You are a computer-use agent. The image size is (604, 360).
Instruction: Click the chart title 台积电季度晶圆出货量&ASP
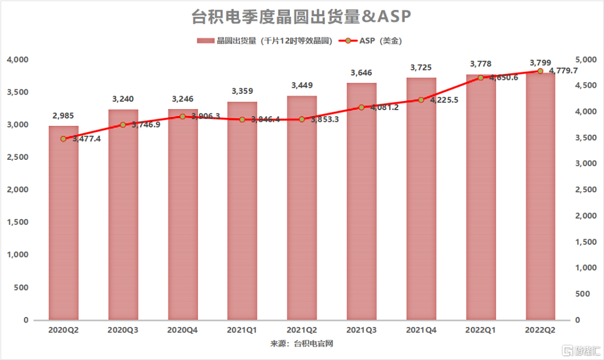coord(301,17)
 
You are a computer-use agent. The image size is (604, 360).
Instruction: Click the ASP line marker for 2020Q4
coord(182,116)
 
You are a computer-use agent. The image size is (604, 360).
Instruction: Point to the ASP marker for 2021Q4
coord(421,100)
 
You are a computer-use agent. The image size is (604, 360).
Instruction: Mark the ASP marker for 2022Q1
coord(480,78)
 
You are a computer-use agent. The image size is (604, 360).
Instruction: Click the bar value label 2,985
coord(64,116)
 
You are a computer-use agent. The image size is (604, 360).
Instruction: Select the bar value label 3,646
coord(361,73)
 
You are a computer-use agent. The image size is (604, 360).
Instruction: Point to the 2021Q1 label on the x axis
coord(242,330)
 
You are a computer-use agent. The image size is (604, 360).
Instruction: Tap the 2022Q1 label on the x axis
coord(480,330)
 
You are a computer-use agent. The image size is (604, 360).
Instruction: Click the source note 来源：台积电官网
coord(301,343)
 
